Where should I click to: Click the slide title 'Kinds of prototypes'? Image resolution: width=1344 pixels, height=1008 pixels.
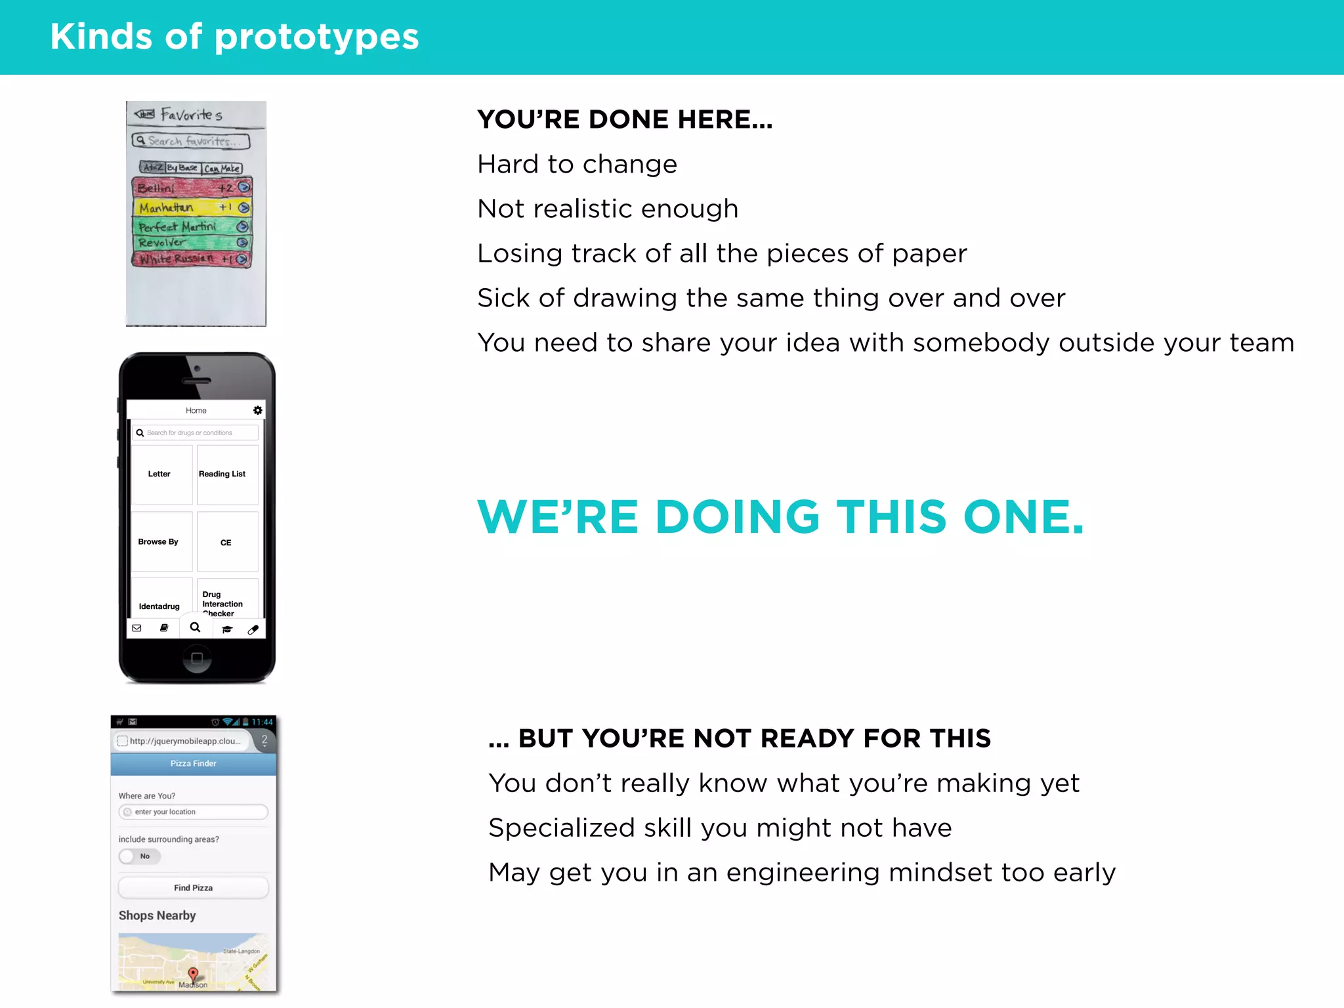[x=234, y=37]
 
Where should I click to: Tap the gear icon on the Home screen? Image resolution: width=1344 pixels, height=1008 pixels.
[x=257, y=410]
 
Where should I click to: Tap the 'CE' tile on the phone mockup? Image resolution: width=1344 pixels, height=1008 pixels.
[x=227, y=542]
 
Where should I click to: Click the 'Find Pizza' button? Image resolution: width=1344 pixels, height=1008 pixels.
[x=193, y=887]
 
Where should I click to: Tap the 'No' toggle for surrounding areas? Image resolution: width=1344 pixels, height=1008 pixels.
[x=139, y=856]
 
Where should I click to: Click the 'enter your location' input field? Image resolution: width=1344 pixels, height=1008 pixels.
[x=193, y=812]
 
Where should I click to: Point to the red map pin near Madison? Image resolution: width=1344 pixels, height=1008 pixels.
[x=192, y=973]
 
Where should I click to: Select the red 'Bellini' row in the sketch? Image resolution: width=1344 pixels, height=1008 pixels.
[x=192, y=188]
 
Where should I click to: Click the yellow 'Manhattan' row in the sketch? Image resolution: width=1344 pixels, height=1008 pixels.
[x=192, y=207]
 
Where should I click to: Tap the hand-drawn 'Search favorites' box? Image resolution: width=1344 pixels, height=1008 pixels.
[x=190, y=140]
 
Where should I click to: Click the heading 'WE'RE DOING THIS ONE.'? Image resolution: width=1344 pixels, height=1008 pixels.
[x=780, y=517]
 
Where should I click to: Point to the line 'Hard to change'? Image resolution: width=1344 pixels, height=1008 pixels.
[x=577, y=164]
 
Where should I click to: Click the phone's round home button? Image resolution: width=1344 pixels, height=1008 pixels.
[x=196, y=658]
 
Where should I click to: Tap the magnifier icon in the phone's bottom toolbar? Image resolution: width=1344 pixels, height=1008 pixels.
[x=195, y=627]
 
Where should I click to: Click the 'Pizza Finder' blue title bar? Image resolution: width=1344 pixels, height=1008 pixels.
[x=193, y=763]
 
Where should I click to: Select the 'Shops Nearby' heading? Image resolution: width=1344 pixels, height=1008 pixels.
[x=157, y=915]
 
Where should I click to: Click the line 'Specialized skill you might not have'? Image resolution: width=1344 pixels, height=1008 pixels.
[x=720, y=828]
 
